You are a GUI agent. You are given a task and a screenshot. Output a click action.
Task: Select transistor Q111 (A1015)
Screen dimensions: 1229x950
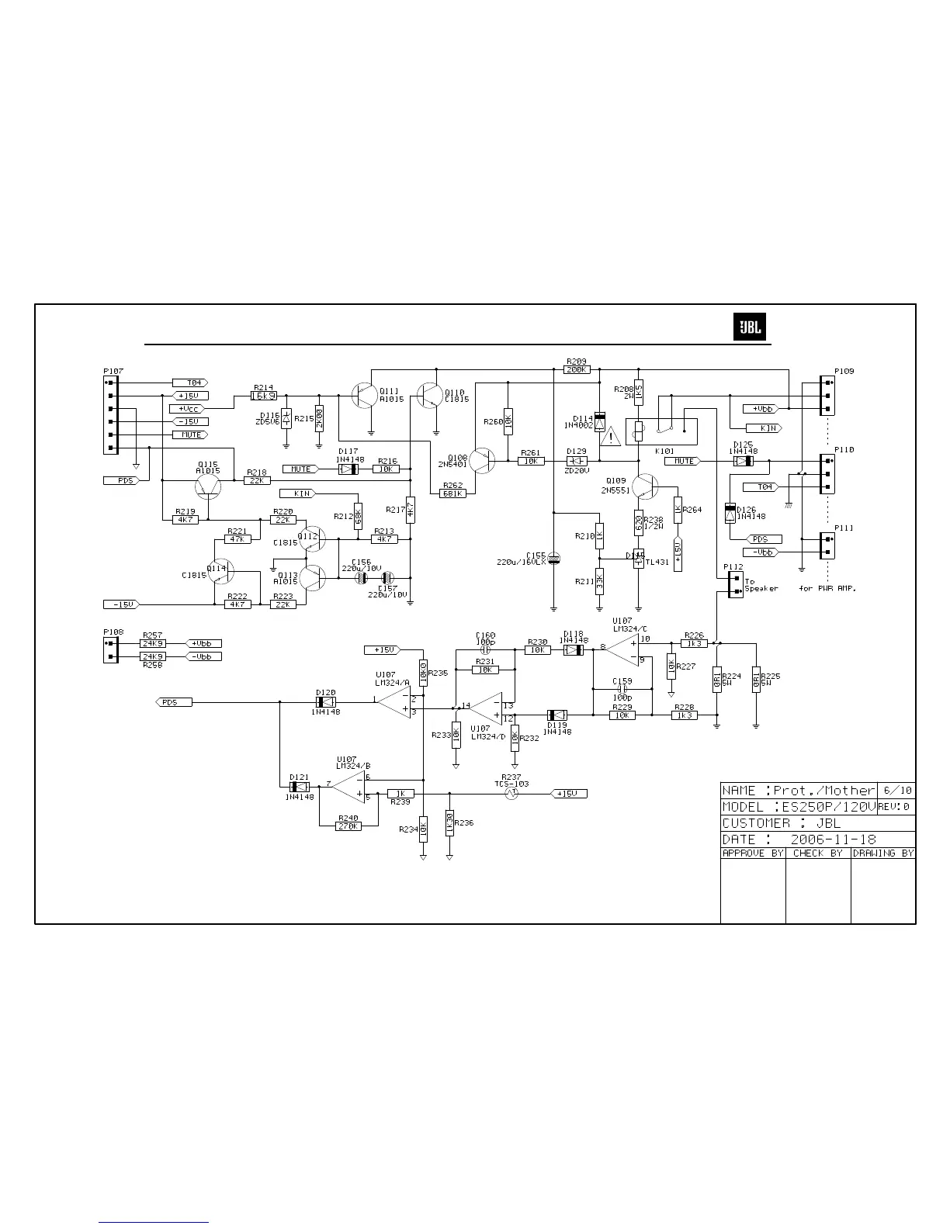363,395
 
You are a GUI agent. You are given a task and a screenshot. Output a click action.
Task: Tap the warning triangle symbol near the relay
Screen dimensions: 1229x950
612,436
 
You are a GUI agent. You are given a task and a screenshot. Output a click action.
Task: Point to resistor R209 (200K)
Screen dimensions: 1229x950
577,370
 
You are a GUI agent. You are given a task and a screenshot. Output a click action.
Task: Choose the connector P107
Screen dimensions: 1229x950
112,415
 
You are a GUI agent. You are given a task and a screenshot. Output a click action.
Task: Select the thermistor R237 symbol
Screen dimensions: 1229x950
511,794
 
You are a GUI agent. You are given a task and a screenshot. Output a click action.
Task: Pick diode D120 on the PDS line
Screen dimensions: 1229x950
326,702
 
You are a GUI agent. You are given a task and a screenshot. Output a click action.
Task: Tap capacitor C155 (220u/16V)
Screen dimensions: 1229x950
553,558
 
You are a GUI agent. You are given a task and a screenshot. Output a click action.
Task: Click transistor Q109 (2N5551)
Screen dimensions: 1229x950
643,486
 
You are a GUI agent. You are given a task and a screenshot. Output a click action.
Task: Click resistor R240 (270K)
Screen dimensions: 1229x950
348,826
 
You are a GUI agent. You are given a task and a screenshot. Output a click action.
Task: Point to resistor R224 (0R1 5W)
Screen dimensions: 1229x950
716,680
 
